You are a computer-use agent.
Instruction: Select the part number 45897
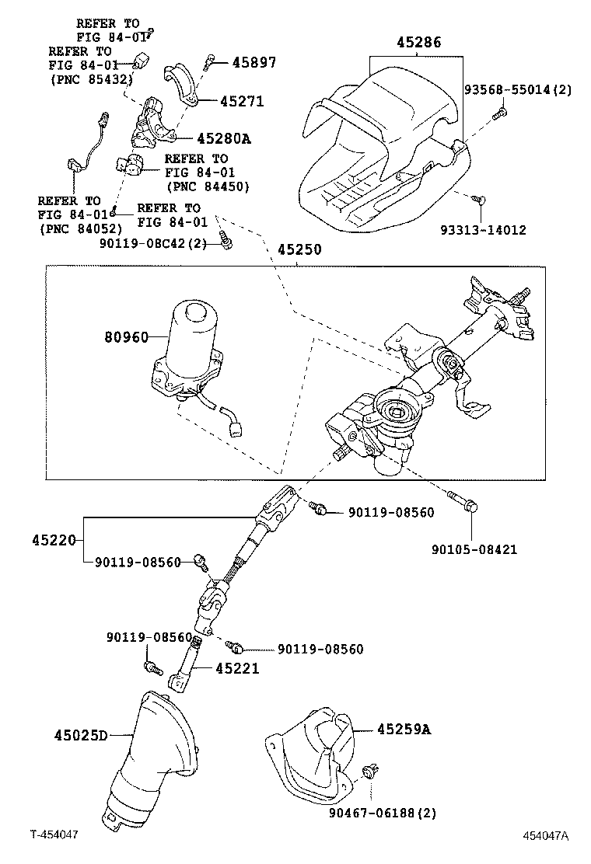[x=254, y=62]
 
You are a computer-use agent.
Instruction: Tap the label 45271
[x=242, y=102]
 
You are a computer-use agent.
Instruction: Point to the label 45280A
[x=224, y=138]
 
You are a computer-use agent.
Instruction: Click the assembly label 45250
[x=299, y=252]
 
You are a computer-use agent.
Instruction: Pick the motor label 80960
[x=125, y=337]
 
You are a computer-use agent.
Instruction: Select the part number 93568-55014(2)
[x=518, y=89]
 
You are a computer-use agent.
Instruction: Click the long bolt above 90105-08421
[x=464, y=502]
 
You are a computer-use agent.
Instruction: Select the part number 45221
[x=237, y=668]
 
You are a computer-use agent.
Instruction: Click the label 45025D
[x=81, y=734]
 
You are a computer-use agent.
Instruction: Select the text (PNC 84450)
[x=207, y=186]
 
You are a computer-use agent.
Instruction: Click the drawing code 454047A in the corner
[x=545, y=836]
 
